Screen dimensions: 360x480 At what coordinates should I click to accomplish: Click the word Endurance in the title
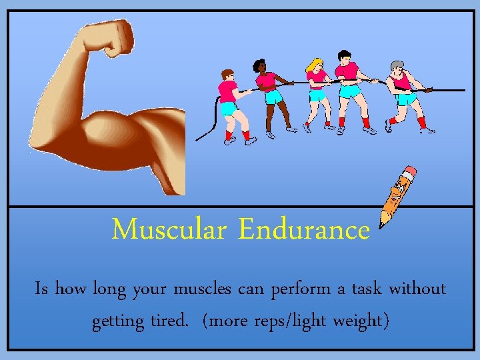coord(304,230)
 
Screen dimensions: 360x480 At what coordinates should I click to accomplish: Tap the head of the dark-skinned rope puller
coord(259,66)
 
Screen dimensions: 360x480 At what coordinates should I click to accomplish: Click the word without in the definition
coord(417,289)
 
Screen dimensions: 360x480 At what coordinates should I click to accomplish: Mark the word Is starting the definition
coord(42,289)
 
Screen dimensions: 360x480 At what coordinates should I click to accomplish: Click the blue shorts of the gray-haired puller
coord(405,99)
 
